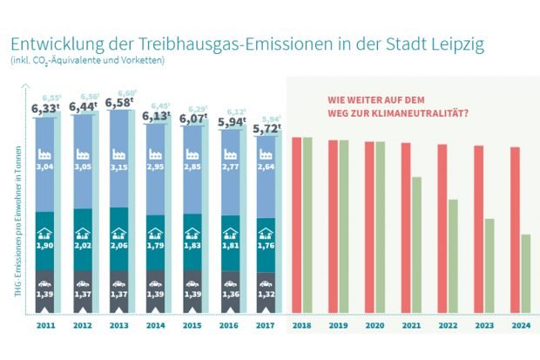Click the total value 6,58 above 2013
coord(119,105)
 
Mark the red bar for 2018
coord(296,224)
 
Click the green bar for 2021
coord(417,244)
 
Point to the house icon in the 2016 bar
coord(231,233)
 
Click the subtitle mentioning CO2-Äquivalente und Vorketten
coord(87,60)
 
